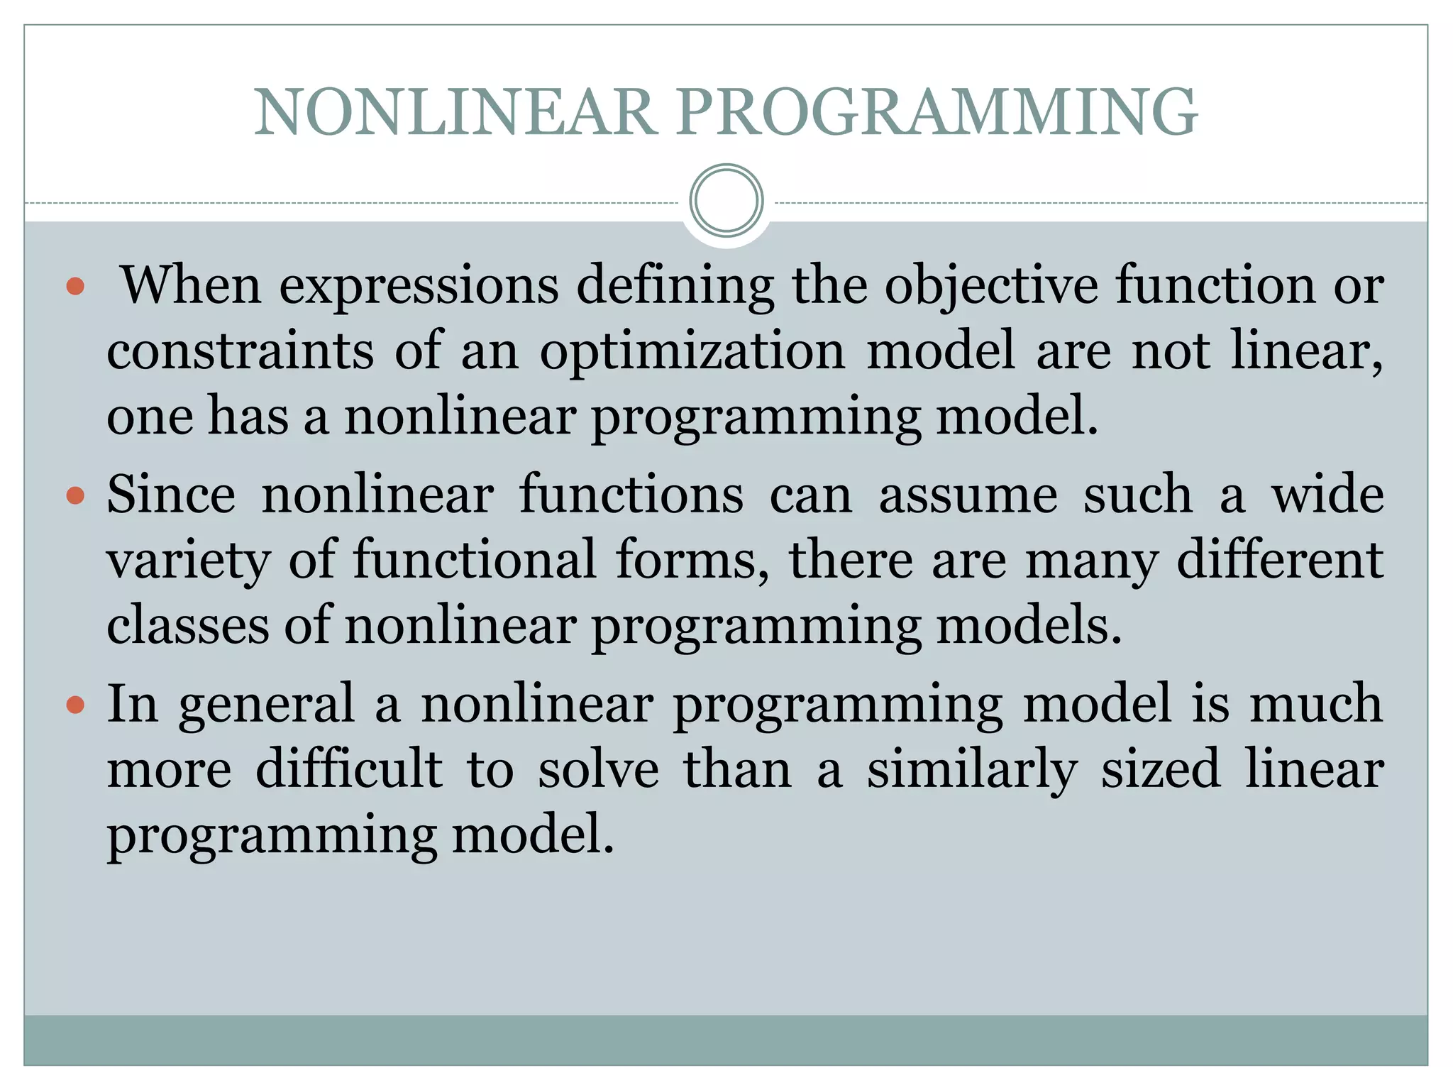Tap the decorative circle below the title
point(726,201)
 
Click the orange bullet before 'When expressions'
point(75,287)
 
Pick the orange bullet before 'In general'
point(75,705)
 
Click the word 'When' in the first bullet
point(192,285)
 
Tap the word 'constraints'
point(240,351)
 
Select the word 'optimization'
point(692,353)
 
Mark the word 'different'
point(1279,560)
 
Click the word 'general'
point(266,705)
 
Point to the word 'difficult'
point(348,769)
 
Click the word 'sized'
point(1161,769)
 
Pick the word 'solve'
point(598,769)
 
